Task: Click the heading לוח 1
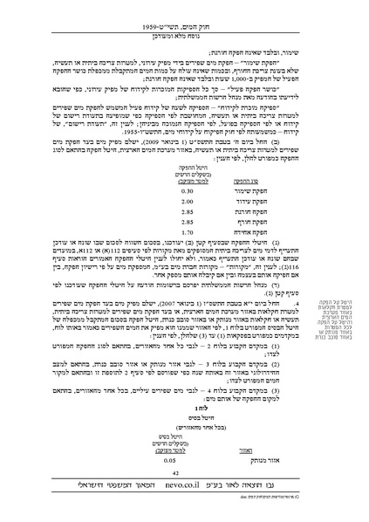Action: click(184, 421)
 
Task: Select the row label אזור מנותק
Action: click(236, 483)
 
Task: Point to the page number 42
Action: click(185, 494)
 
